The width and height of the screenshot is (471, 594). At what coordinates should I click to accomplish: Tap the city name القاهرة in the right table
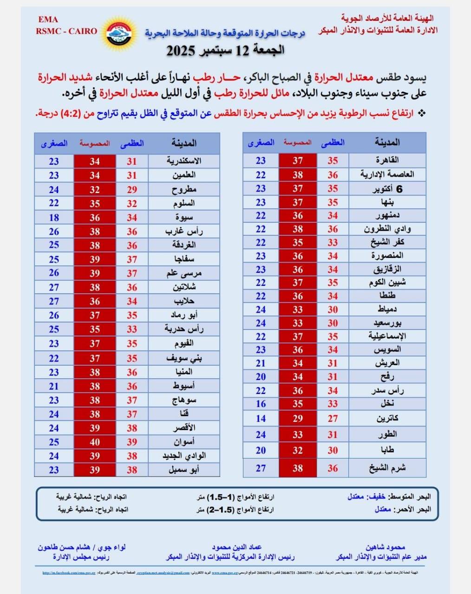pos(387,161)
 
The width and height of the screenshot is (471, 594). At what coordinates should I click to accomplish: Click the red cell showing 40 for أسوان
pos(94,442)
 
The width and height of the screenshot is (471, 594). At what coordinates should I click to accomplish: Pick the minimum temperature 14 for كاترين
pos(261,419)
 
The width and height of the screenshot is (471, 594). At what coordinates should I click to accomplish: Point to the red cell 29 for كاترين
pos(297,419)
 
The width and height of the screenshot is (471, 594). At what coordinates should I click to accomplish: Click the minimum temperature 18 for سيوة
pos(54,217)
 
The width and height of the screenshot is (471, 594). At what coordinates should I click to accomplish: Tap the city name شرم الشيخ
pos(387,468)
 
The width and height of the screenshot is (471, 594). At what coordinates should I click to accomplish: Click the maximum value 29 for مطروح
pos(132,189)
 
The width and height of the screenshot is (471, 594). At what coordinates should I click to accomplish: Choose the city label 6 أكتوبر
pos(387,189)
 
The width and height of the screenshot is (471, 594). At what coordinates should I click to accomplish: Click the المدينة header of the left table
pos(183,143)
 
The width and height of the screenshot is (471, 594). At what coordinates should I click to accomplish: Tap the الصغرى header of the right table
pos(261,143)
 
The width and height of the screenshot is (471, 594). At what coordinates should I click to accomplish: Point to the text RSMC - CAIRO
pos(66,31)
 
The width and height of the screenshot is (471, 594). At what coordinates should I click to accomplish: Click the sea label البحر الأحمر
pos(412,509)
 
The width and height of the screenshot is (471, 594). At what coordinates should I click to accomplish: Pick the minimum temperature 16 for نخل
pos(261,404)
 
